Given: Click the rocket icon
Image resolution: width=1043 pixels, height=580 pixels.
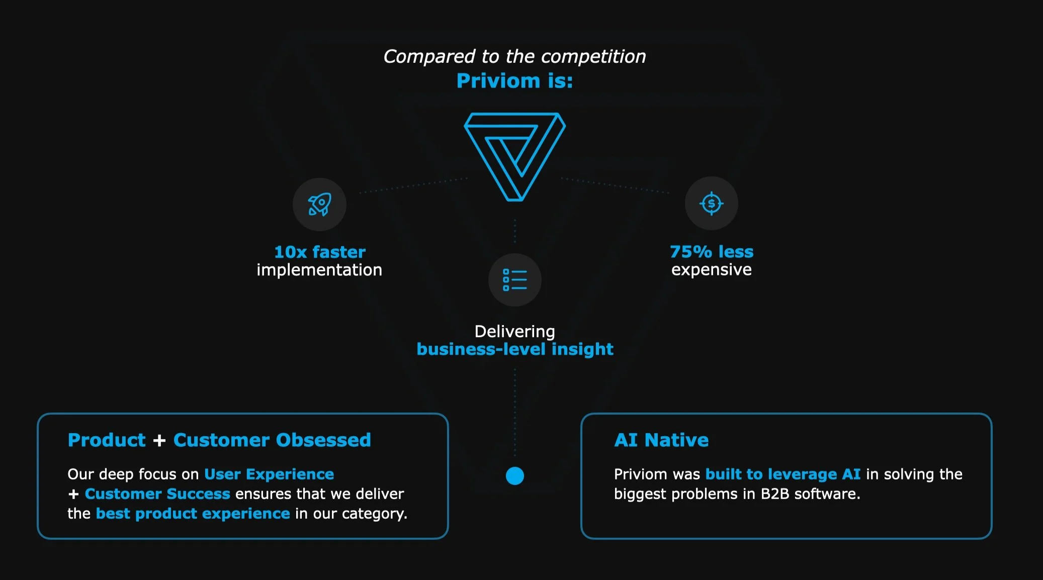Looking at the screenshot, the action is pos(319,204).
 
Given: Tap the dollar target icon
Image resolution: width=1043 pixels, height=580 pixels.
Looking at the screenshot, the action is pos(711,204).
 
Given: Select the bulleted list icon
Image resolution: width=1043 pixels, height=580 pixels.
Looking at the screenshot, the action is pos(514,280).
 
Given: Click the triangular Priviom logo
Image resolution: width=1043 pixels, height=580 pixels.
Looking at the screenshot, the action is pos(514,156).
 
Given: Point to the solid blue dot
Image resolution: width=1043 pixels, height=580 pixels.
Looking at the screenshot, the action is pos(514,475).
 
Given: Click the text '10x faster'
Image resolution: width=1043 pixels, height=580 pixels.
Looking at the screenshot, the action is pos(319,252).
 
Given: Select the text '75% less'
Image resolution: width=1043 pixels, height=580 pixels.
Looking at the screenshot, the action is pos(711,251).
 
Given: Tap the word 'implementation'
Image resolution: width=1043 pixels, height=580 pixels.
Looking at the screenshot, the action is pos(319,270).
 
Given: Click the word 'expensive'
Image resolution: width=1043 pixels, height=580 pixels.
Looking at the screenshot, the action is pos(711,270).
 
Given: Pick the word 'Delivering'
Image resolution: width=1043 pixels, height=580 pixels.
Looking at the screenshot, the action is pos(514,331).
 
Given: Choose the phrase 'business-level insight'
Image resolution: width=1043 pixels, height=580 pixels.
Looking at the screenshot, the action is pos(514,349).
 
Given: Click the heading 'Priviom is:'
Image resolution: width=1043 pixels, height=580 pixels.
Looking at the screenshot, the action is pos(514,81).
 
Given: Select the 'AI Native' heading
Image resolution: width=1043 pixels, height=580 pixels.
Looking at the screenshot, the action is pos(661,440).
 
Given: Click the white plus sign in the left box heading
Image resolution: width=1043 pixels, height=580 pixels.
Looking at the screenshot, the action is pos(159,440).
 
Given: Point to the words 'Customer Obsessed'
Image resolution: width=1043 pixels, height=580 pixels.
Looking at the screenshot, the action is pos(272,440).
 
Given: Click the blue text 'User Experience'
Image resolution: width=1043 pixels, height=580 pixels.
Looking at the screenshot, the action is pos(269,474).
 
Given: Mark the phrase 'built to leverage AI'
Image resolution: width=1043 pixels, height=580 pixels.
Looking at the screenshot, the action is pos(783,474).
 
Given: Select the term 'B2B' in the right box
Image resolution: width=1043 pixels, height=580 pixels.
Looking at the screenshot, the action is pos(774,494).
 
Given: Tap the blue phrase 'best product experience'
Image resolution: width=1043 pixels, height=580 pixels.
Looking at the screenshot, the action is pos(193,514).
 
